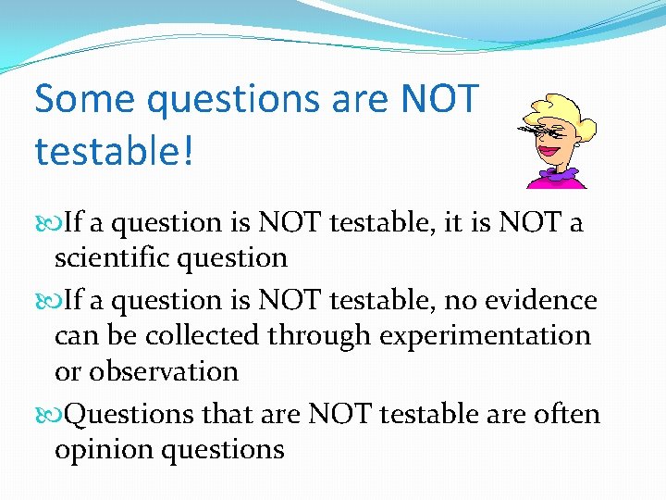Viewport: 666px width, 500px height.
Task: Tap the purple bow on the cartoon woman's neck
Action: [561, 173]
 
